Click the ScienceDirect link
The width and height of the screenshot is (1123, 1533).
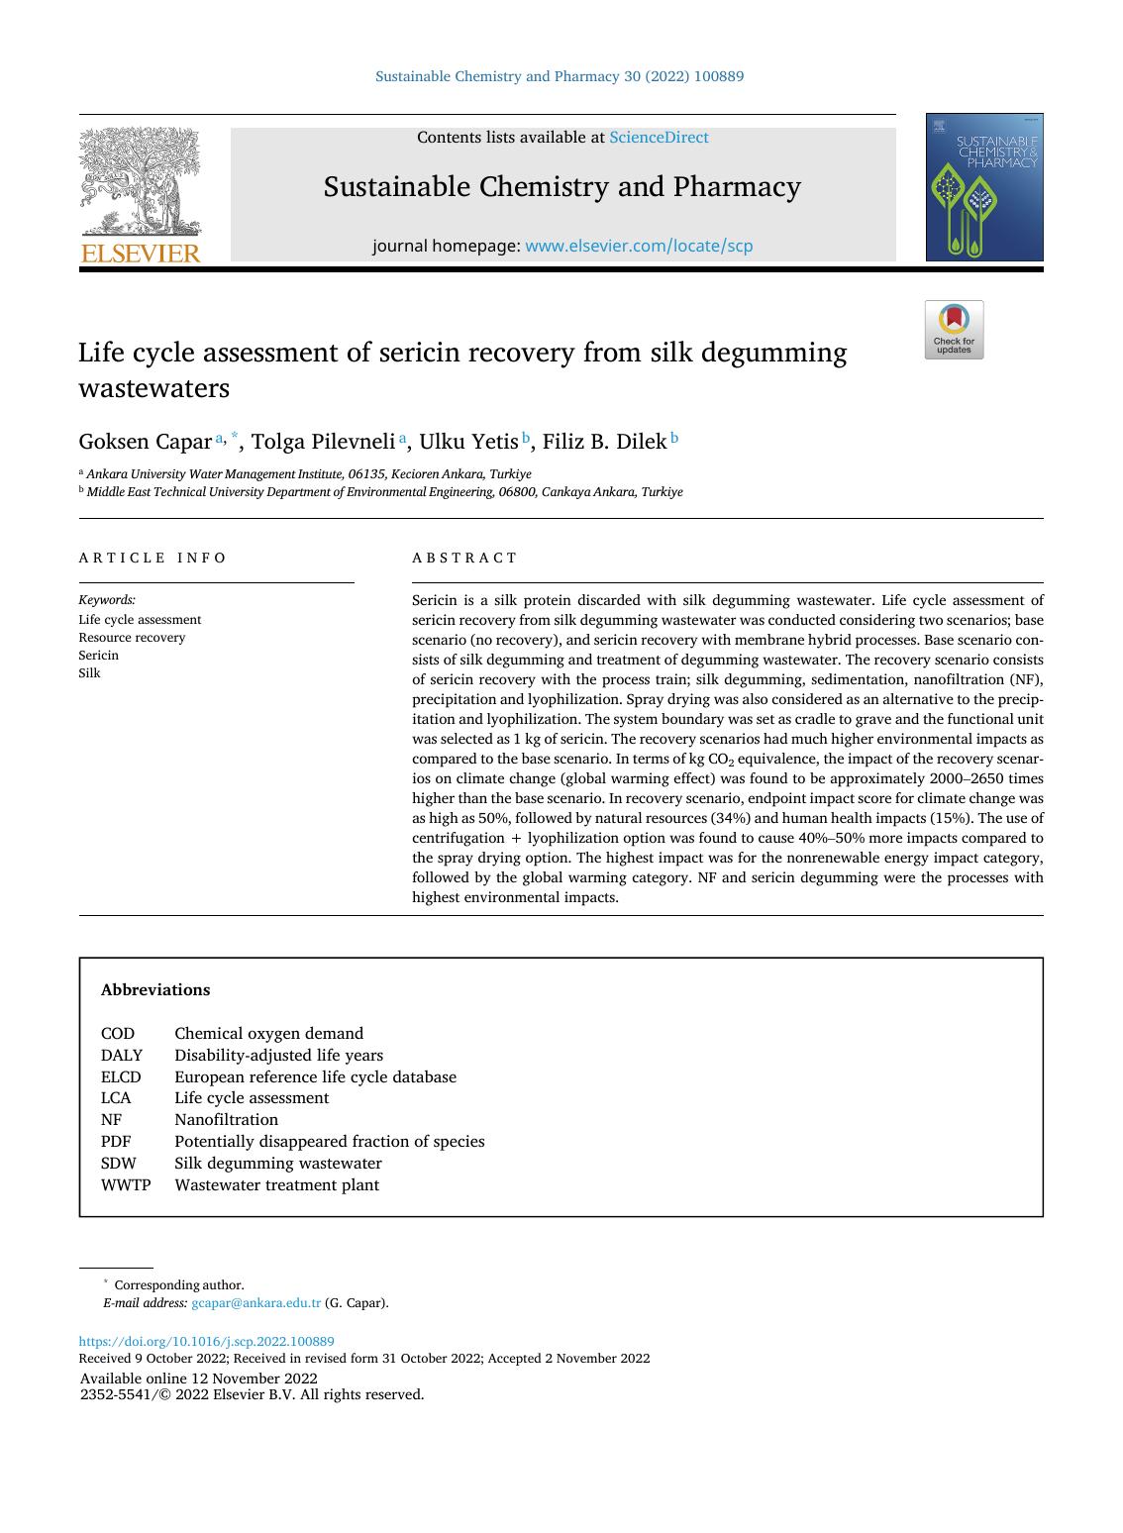(x=659, y=138)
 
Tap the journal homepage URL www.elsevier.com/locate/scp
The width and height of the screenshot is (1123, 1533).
(x=639, y=246)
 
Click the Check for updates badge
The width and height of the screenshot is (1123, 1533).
(x=954, y=330)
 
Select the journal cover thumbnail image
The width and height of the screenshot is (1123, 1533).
(x=984, y=187)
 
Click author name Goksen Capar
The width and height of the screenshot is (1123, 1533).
(x=145, y=442)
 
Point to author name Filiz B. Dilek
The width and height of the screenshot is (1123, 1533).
(x=604, y=442)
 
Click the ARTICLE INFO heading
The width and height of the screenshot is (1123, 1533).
(x=153, y=558)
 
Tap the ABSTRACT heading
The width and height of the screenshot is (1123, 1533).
(x=464, y=558)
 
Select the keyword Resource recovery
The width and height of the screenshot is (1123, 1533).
(x=132, y=638)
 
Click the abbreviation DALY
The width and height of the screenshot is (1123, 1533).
(x=121, y=1056)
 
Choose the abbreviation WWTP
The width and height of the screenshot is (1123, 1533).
(x=126, y=1185)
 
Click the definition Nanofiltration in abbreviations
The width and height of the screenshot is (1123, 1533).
(x=226, y=1120)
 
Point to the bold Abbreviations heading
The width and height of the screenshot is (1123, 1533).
(x=155, y=990)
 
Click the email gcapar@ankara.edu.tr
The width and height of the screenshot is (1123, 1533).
(x=255, y=1303)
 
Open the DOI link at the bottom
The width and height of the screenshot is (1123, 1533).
(x=206, y=1342)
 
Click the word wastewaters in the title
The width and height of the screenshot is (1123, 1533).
(x=153, y=388)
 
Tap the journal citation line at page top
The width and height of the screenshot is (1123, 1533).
(x=560, y=76)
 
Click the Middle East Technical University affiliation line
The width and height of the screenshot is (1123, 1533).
(x=384, y=492)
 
